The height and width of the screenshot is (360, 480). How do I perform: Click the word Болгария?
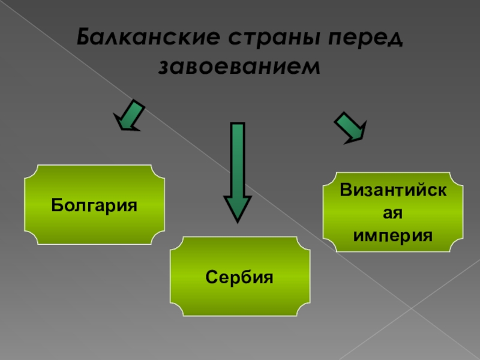coord(94,206)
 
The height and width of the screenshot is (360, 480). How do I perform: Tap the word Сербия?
coord(240,278)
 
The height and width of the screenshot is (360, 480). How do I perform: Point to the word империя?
coord(393,233)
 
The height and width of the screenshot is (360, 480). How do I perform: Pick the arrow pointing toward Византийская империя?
coord(350,127)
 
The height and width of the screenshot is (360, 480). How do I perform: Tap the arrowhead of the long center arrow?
coord(238,209)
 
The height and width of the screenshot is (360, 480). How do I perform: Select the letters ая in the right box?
coord(393,213)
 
